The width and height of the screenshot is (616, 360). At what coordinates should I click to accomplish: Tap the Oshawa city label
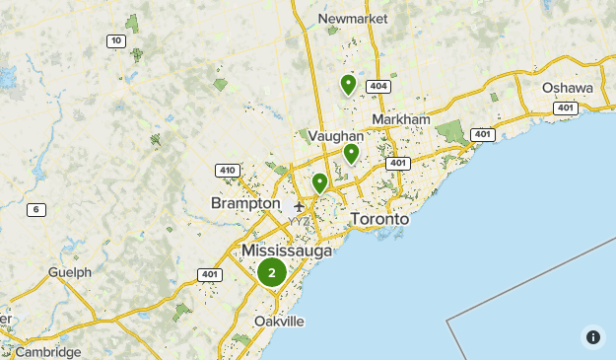[568, 88]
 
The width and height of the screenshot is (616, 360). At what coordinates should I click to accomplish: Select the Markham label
[401, 119]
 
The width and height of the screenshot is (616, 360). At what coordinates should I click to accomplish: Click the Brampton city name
[245, 203]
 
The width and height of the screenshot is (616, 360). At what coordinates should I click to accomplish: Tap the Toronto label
[378, 219]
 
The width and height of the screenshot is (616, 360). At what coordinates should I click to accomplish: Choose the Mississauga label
[287, 252]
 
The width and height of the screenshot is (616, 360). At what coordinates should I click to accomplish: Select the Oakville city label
[279, 322]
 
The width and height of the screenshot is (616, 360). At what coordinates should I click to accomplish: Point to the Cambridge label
[48, 352]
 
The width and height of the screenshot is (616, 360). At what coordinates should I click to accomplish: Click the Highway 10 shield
[115, 40]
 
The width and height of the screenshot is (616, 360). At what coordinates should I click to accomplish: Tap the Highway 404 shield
[377, 87]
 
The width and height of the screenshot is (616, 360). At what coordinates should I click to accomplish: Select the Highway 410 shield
[228, 171]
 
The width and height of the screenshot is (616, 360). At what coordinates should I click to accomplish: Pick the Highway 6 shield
[36, 209]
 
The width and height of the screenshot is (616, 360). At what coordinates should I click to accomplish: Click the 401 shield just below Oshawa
[565, 108]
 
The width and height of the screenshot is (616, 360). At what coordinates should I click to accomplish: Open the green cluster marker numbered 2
[271, 273]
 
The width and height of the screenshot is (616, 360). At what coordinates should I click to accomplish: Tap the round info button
[593, 336]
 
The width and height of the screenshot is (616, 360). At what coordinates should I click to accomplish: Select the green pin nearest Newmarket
[348, 85]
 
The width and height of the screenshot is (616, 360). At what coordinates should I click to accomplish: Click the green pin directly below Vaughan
[351, 153]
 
